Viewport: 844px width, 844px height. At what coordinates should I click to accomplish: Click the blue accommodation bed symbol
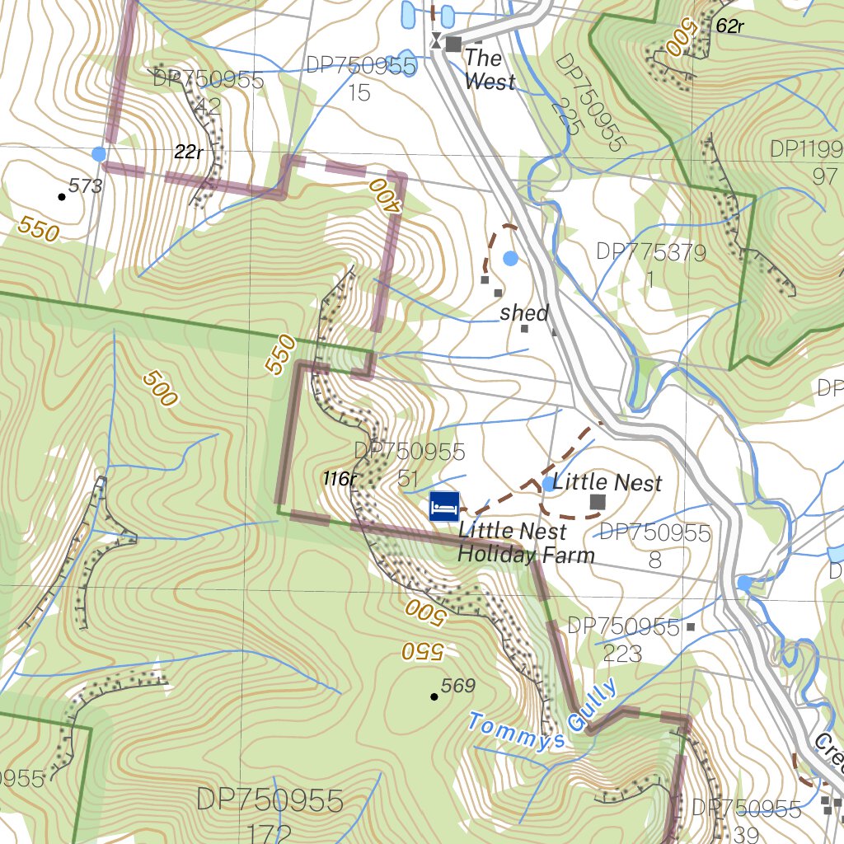444,506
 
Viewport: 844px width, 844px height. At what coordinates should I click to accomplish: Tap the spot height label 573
86,186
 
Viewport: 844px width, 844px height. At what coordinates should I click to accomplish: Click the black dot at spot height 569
434,697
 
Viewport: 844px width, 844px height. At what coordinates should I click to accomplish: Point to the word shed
524,313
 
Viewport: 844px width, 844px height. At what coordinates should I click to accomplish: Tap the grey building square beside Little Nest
598,501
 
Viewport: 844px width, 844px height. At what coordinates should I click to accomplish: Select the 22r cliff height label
189,152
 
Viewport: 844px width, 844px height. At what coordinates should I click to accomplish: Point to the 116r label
339,479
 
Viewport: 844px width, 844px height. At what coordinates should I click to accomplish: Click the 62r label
729,26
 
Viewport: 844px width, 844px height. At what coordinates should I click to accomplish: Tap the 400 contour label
384,195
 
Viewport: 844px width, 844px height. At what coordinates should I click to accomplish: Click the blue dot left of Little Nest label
548,484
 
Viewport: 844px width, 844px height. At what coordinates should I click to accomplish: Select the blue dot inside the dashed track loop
510,258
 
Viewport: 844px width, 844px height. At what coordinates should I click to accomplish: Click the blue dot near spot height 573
99,154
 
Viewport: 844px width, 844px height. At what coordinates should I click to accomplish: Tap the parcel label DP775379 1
651,265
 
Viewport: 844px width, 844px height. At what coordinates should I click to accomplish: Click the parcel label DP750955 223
624,640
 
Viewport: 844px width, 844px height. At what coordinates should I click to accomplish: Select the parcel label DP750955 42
208,92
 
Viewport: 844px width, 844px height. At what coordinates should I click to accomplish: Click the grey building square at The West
453,44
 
